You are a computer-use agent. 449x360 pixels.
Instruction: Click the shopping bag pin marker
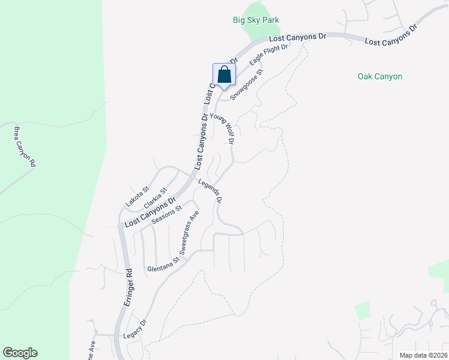224,75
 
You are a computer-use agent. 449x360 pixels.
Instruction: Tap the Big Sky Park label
256,20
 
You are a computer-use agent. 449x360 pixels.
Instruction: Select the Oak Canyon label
379,76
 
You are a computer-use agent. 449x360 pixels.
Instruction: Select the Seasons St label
166,215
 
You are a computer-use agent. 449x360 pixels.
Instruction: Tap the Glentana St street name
163,265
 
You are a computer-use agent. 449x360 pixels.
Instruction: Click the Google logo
20,353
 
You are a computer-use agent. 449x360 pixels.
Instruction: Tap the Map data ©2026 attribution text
423,355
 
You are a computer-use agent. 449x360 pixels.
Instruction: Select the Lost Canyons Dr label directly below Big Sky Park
297,37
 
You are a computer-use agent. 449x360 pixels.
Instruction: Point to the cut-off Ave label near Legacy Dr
92,346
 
